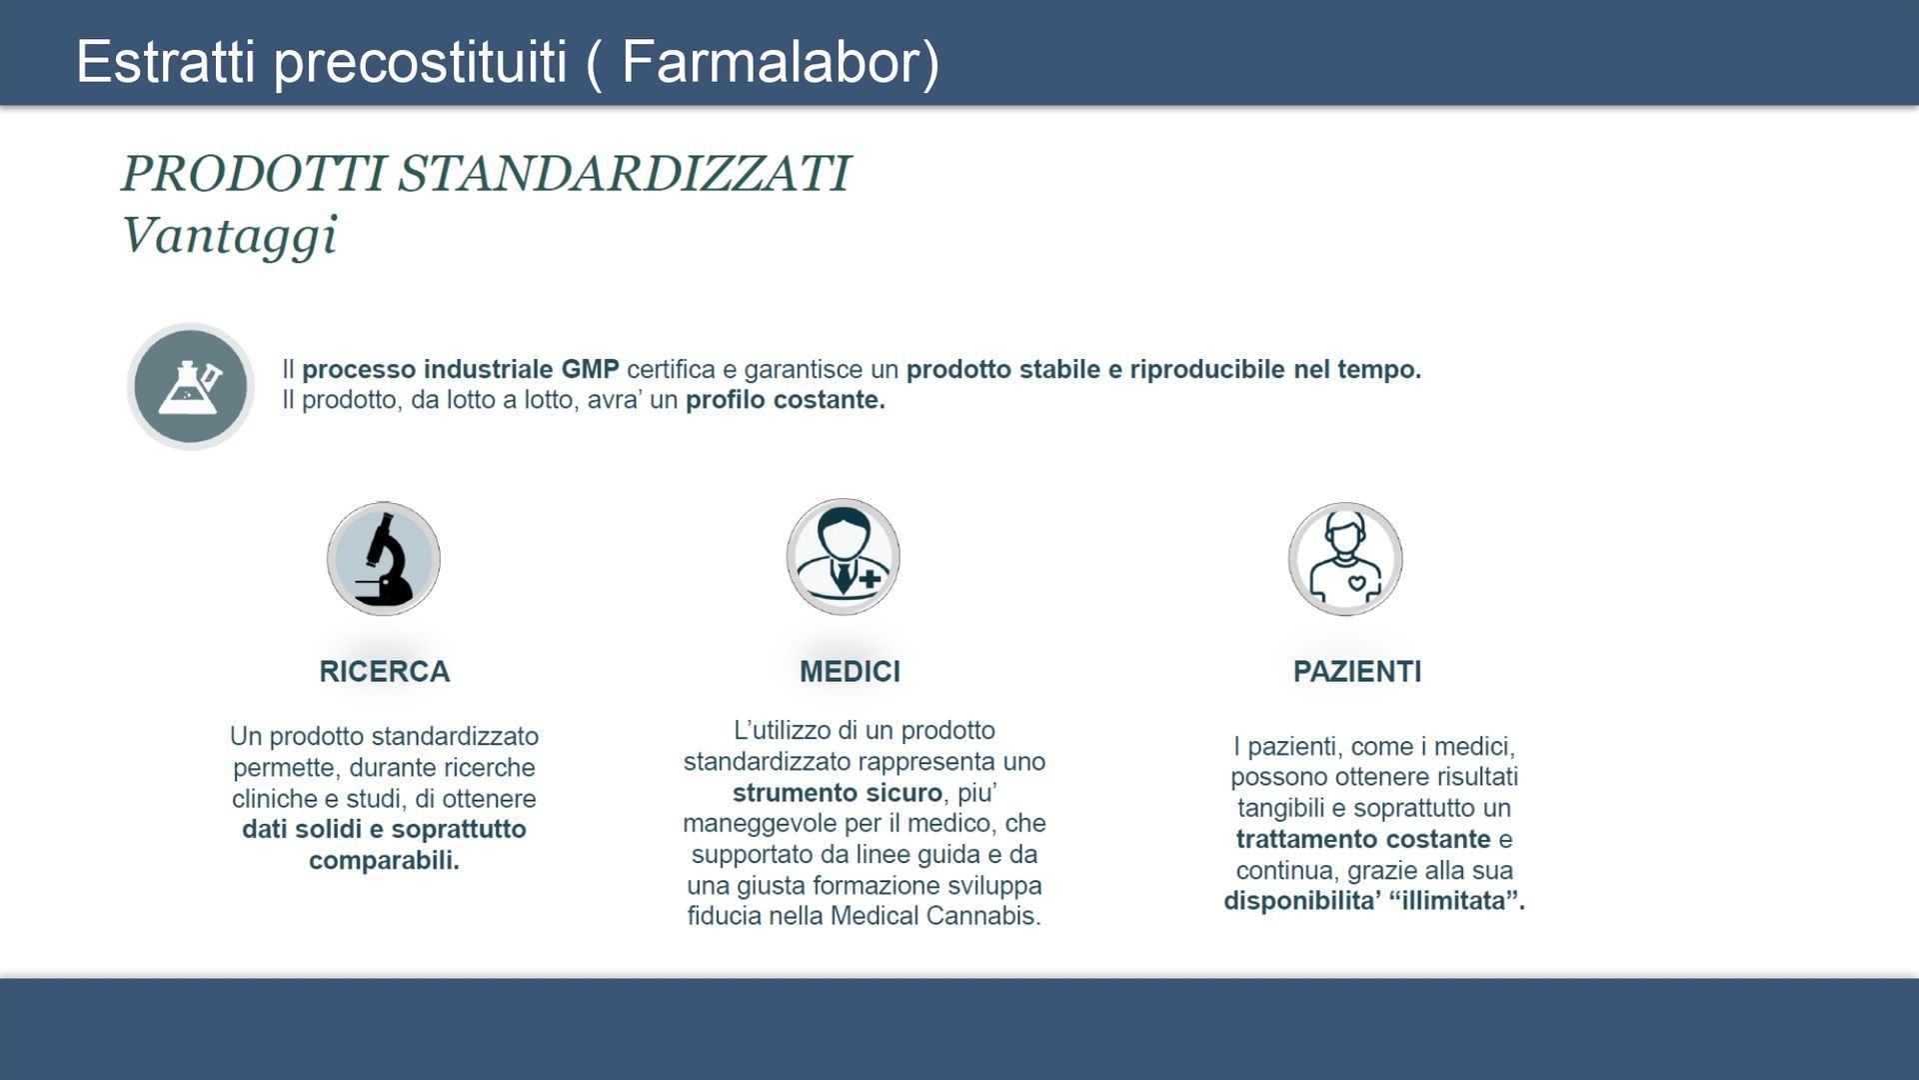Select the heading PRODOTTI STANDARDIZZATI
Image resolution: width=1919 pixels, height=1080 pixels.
pos(486,173)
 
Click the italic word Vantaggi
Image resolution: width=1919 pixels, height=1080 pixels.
pos(229,236)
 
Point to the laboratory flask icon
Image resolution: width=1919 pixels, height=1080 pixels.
pos(190,386)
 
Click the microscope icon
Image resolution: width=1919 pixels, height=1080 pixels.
pos(384,558)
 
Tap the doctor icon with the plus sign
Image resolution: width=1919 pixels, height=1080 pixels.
pos(843,557)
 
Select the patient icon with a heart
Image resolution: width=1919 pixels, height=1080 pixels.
pos(1345,558)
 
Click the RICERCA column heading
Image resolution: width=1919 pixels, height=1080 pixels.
pos(385,671)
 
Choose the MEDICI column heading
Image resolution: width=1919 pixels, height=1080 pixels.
pos(850,671)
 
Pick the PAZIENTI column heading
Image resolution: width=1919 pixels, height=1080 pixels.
pos(1357,671)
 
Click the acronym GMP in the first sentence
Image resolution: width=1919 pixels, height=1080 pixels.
pos(590,369)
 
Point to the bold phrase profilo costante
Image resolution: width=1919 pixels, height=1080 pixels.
pos(786,400)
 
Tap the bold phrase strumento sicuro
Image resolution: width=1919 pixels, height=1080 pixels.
pos(838,793)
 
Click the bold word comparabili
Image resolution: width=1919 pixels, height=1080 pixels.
pos(384,860)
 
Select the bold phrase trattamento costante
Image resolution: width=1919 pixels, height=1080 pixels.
pos(1363,839)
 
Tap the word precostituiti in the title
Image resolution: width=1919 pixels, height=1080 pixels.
pos(421,62)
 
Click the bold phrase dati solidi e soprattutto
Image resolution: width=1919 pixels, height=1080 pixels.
pos(384,830)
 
